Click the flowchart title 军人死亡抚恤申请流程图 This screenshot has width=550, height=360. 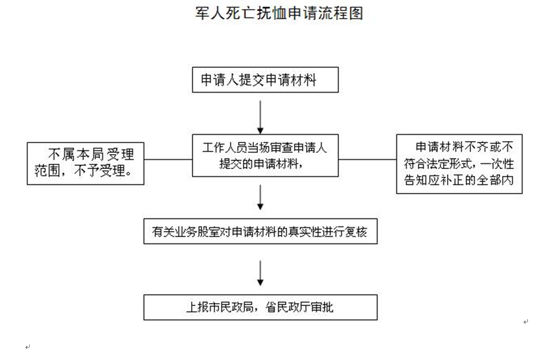[279, 14]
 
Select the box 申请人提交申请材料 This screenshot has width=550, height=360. [265, 80]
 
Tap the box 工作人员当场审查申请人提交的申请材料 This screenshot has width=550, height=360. [265, 155]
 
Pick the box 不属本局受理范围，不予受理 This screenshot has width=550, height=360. [86, 163]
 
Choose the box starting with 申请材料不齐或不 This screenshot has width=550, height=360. [459, 164]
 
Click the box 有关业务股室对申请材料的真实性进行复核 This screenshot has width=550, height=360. [260, 231]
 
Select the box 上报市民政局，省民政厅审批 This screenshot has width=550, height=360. [260, 308]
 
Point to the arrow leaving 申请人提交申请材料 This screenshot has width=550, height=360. [260, 117]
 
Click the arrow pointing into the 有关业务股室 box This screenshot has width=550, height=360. [260, 197]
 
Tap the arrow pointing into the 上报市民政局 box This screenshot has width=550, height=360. [260, 273]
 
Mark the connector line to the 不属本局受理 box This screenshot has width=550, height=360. [168, 159]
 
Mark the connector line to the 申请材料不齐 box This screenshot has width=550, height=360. [367, 159]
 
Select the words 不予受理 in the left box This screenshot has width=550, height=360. [100, 171]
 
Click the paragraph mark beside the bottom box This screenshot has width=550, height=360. [525, 321]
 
